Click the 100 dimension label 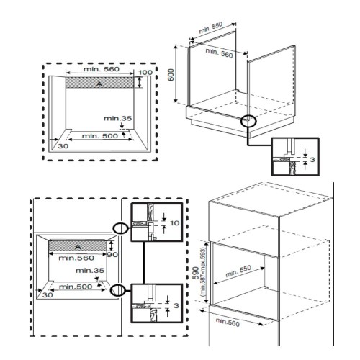pos(145,72)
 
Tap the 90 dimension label pos(112,255)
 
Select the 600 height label pos(171,75)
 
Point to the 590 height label pos(196,273)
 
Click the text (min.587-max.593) pos(204,272)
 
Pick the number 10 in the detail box pos(174,223)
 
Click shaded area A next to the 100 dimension pos(99,82)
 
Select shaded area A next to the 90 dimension pos(78,246)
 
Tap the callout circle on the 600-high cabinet pos(248,121)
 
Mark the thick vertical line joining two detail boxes pos(144,263)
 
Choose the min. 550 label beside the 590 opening pos(238,271)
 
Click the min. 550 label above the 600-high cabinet pos(211,27)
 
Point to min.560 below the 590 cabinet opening pos(228,323)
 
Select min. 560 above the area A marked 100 pos(102,69)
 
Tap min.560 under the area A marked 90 pos(76,258)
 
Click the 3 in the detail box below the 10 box pos(176,305)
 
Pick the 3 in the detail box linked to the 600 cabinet pos(312,159)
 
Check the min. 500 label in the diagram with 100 pos(100,136)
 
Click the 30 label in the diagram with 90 pos(48,294)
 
